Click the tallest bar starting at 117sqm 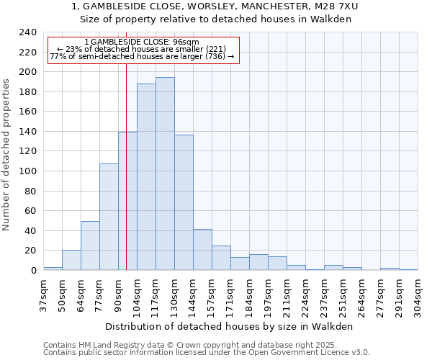pos(165,174)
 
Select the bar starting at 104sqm pos(146,177)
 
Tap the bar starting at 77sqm pos(109,217)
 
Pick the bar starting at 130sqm pos(184,202)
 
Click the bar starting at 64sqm pos(90,246)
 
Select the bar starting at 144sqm pos(202,250)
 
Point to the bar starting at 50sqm pos(71,260)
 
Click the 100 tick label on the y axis pos(27,171)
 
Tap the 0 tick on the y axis pos(33,271)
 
